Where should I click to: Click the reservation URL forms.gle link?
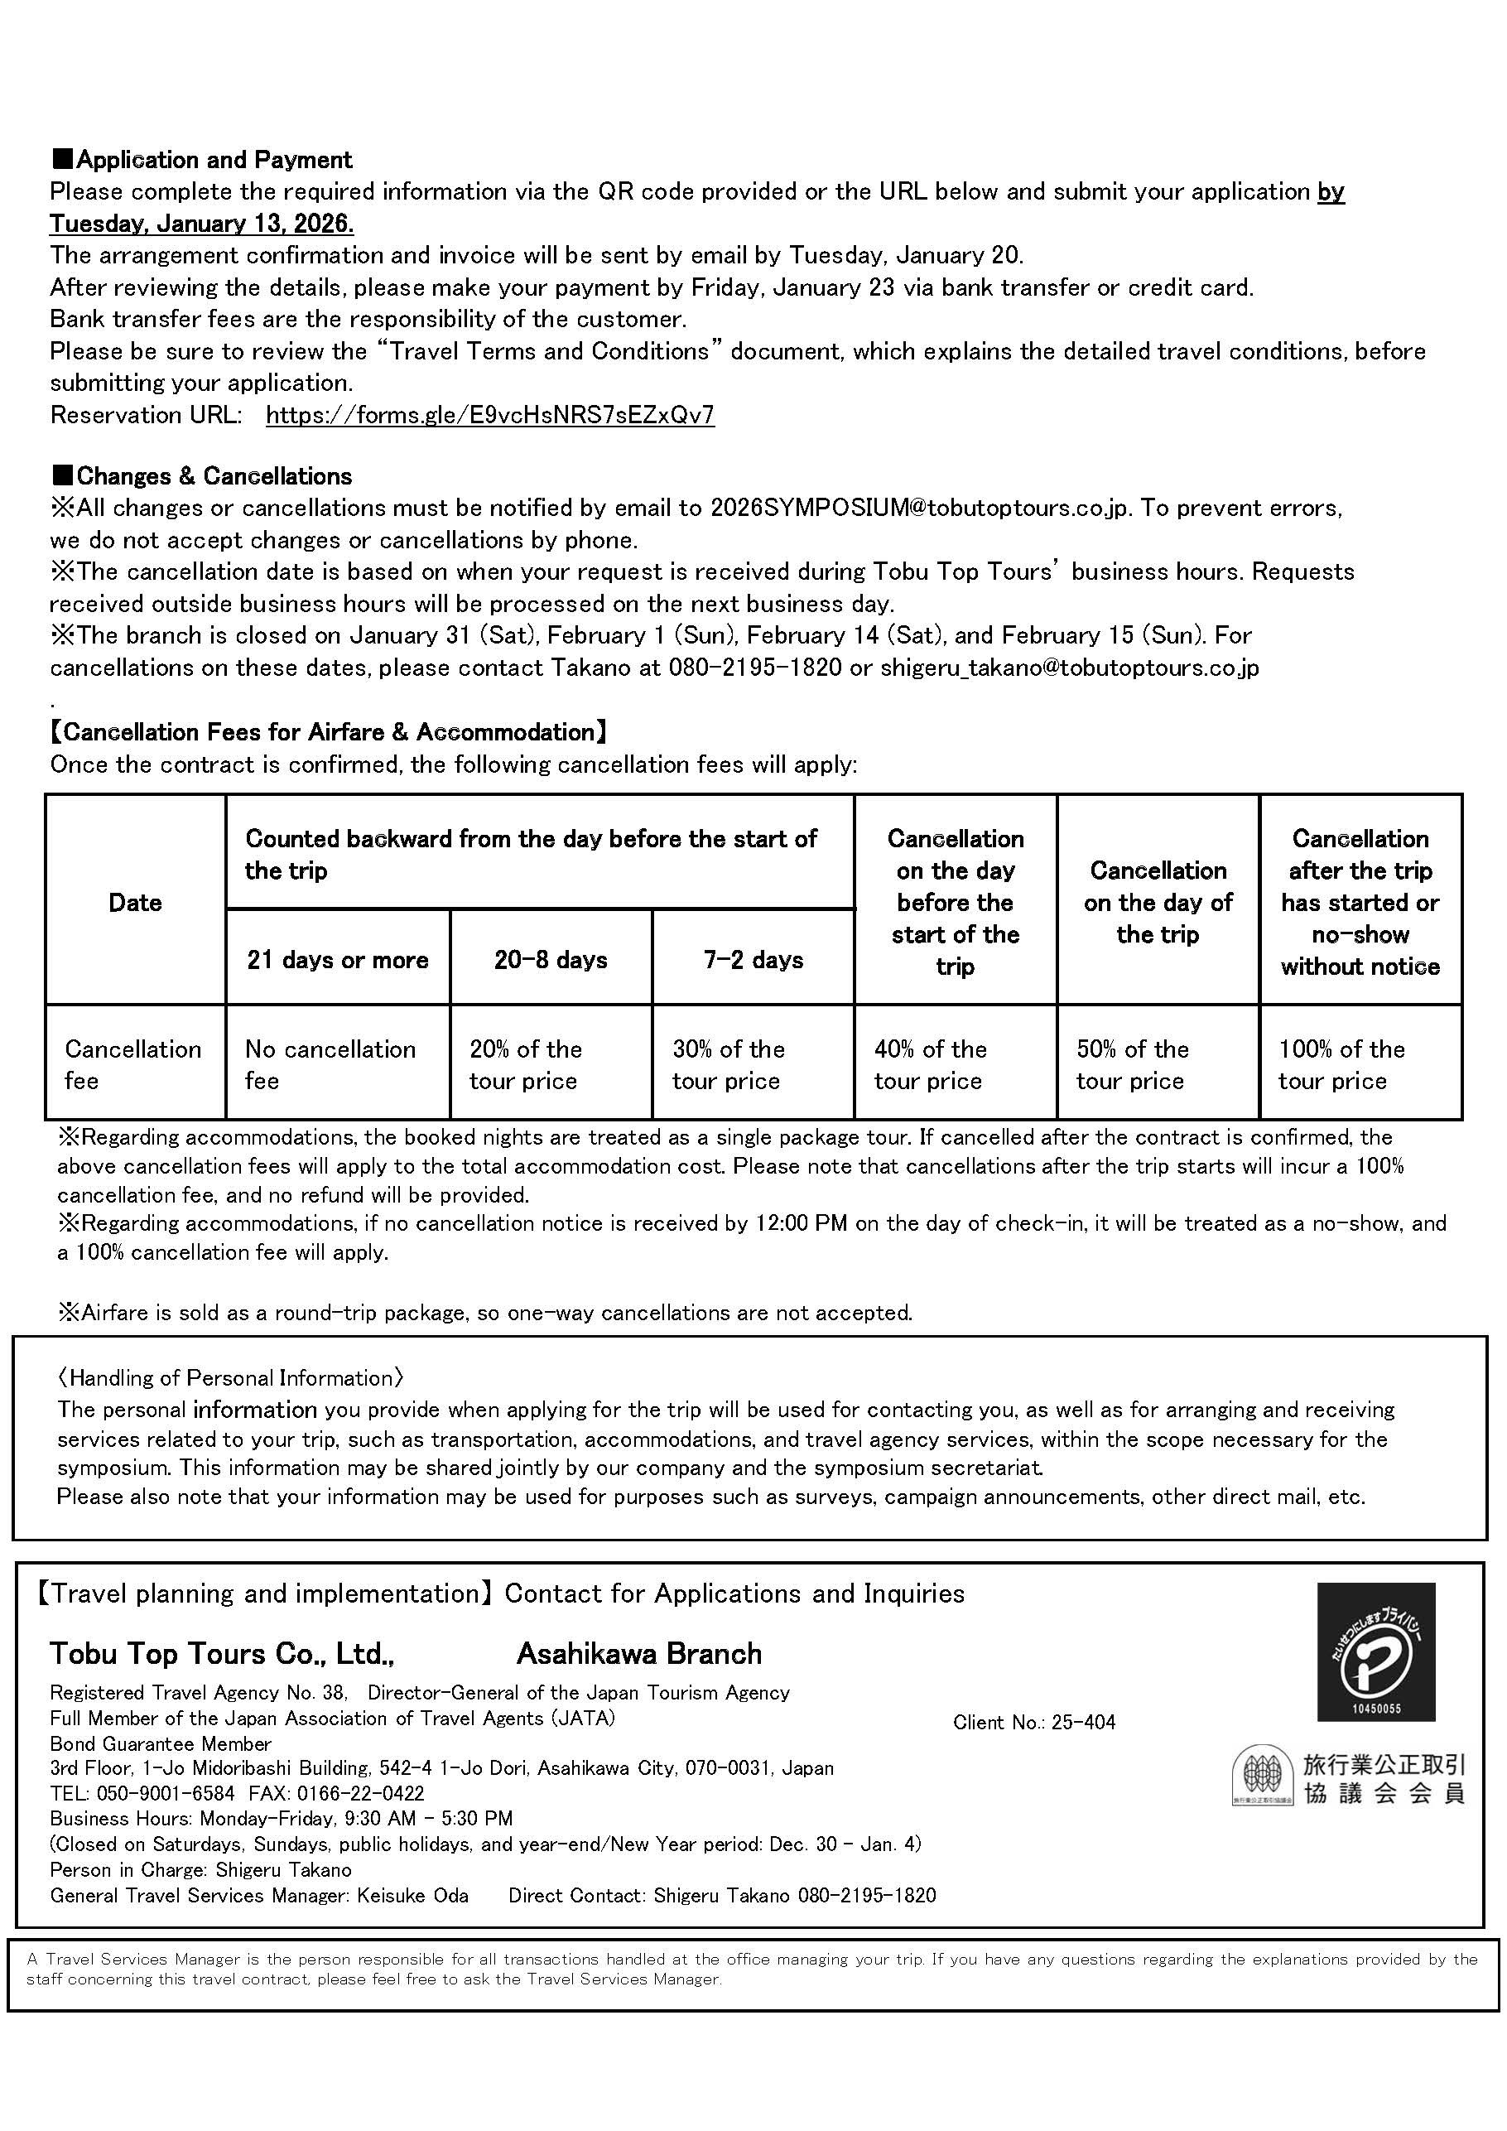pyautogui.click(x=490, y=415)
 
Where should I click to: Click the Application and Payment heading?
pyautogui.click(x=202, y=160)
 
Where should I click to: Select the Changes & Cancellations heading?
pyautogui.click(x=202, y=476)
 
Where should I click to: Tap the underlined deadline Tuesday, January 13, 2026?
pyautogui.click(x=201, y=224)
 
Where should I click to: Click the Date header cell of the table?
pyautogui.click(x=136, y=902)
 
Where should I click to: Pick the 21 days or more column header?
pyautogui.click(x=338, y=960)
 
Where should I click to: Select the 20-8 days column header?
pyautogui.click(x=551, y=960)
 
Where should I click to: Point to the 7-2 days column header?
pyautogui.click(x=753, y=960)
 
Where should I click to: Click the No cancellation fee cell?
pyautogui.click(x=330, y=1064)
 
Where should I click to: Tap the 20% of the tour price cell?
pyautogui.click(x=526, y=1064)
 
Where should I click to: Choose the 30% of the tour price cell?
pyautogui.click(x=729, y=1064)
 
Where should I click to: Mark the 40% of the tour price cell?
pyautogui.click(x=931, y=1064)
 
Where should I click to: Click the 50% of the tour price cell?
pyautogui.click(x=1133, y=1064)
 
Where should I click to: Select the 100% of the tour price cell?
pyautogui.click(x=1342, y=1064)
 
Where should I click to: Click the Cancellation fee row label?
pyautogui.click(x=132, y=1064)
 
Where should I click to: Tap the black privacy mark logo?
pyautogui.click(x=1376, y=1653)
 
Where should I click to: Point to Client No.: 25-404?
pyautogui.click(x=1033, y=1723)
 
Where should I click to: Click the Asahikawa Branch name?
pyautogui.click(x=639, y=1654)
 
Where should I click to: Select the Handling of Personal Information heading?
pyautogui.click(x=230, y=1378)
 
